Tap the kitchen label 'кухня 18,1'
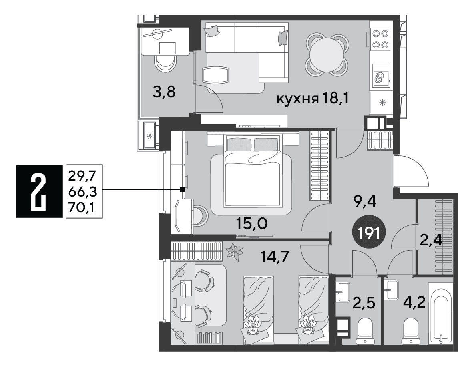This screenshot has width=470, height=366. [313, 99]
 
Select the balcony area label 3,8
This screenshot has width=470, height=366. [164, 92]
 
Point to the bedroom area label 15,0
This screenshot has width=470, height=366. [251, 223]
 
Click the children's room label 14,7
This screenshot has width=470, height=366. [275, 257]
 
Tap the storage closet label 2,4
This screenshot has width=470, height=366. [431, 240]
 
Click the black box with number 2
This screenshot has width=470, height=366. [39, 191]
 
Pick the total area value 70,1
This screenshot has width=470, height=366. [81, 207]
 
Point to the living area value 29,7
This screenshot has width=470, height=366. [82, 175]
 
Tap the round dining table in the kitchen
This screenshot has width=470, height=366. [327, 54]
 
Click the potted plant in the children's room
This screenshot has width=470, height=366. [234, 251]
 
